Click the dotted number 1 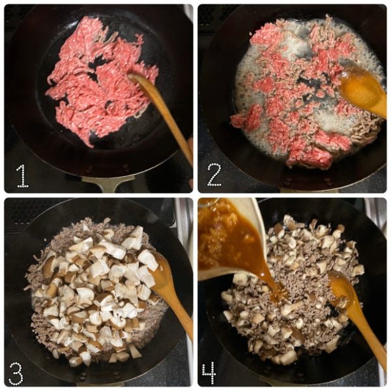[x=23, y=176]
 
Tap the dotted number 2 [x=214, y=175]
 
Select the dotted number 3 [x=16, y=373]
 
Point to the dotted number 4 [x=209, y=373]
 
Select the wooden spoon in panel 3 [x=172, y=295]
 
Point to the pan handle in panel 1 [x=108, y=183]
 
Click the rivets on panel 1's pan [x=108, y=167]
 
